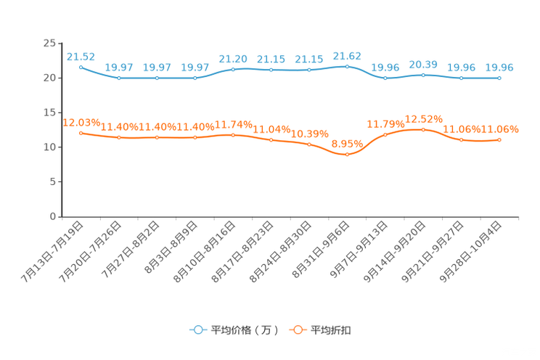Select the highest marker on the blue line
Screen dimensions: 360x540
pyautogui.click(x=347, y=66)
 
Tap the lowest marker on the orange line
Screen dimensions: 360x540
pyautogui.click(x=347, y=155)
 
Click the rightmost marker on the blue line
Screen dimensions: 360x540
pyautogui.click(x=499, y=78)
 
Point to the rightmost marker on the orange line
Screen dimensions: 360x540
pyautogui.click(x=499, y=139)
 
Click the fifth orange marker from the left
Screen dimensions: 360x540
pyautogui.click(x=233, y=135)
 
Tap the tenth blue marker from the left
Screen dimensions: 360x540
pyautogui.click(x=423, y=75)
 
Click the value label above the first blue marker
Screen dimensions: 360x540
pyautogui.click(x=81, y=55)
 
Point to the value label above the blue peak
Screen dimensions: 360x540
pyautogui.click(x=347, y=55)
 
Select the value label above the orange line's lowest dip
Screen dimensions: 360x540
pyautogui.click(x=346, y=144)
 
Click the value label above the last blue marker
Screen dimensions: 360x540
pyautogui.click(x=499, y=67)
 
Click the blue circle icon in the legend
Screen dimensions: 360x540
pyautogui.click(x=197, y=330)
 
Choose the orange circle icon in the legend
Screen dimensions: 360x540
pyautogui.click(x=298, y=330)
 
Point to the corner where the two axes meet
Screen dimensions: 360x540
pyautogui.click(x=62, y=216)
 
